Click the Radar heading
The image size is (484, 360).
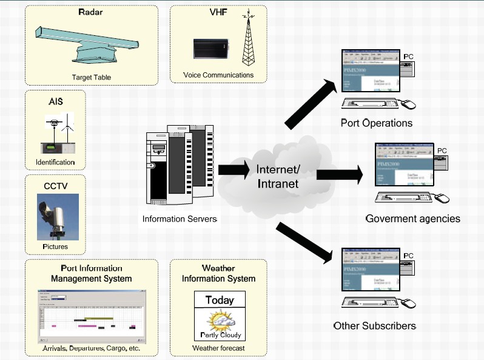tap(90, 12)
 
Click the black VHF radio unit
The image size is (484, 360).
tap(210, 49)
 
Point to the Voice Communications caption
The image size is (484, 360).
tap(219, 75)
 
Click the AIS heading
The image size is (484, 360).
tap(55, 101)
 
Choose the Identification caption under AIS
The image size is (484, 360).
tap(55, 163)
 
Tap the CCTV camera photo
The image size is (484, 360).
tap(58, 217)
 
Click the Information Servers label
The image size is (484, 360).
tap(180, 219)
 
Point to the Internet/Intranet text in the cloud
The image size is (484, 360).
tap(278, 175)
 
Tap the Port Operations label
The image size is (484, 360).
tap(376, 123)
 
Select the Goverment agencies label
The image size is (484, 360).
tap(412, 218)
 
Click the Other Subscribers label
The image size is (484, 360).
tap(374, 326)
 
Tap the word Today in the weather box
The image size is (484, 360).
tap(219, 300)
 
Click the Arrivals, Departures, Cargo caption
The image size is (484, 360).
tap(91, 348)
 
